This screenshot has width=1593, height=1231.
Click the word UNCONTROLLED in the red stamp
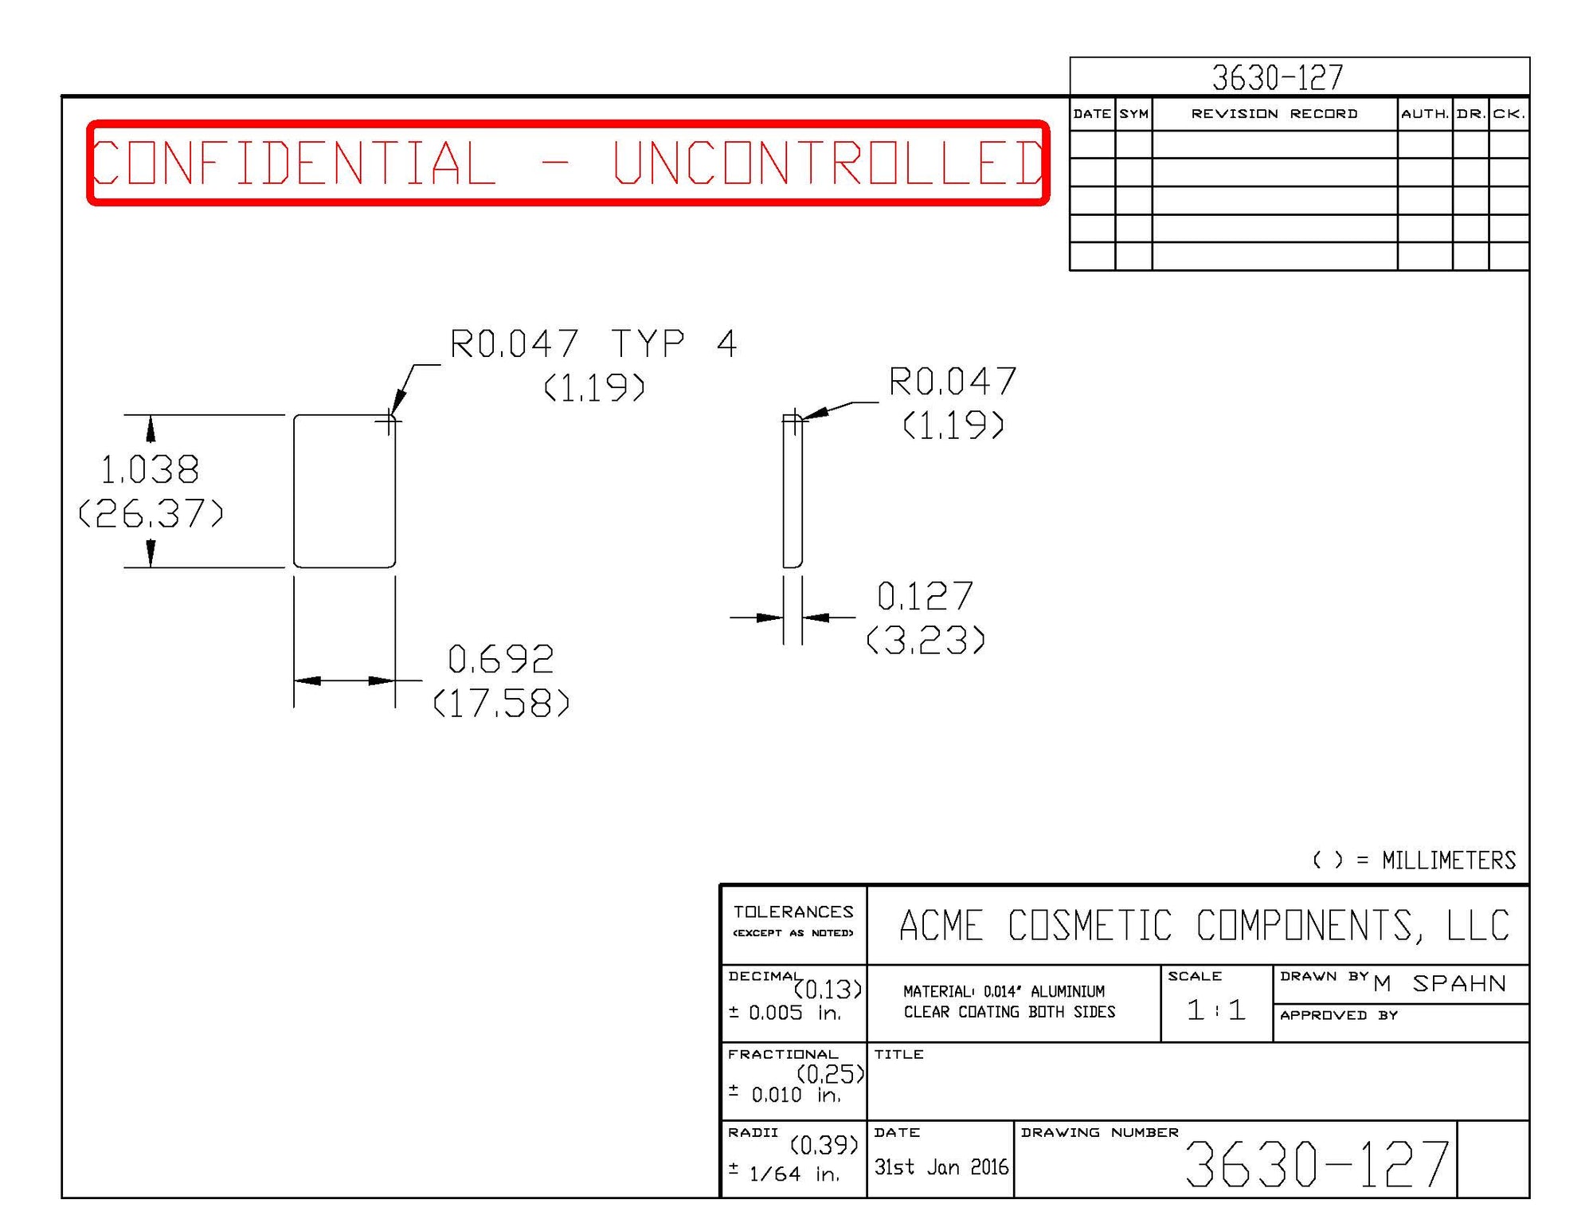tap(828, 163)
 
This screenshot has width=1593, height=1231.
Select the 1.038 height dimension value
tap(150, 470)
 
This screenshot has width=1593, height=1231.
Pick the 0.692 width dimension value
tap(501, 660)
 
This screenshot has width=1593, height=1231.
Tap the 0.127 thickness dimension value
tap(925, 597)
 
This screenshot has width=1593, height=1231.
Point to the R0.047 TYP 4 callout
tap(593, 344)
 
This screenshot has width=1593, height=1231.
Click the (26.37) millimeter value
tap(151, 514)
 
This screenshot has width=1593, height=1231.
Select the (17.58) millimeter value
tap(502, 704)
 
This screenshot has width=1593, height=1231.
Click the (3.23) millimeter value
tap(926, 641)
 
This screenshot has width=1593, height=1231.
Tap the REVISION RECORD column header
tap(1274, 114)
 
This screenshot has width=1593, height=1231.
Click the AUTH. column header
tap(1425, 114)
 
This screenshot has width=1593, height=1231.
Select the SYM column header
tap(1133, 114)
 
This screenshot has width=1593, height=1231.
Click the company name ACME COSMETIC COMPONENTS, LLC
tap(1204, 926)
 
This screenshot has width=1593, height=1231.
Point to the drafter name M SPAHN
tap(1440, 984)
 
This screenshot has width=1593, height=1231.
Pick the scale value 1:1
tap(1215, 1010)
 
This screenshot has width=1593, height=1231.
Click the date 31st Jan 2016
tap(941, 1167)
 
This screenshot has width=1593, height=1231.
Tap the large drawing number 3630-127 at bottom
tap(1317, 1164)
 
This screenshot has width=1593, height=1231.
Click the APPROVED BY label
tap(1339, 1015)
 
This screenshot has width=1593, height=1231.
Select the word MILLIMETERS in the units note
tap(1449, 861)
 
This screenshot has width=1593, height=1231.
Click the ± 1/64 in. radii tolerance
tap(785, 1174)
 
